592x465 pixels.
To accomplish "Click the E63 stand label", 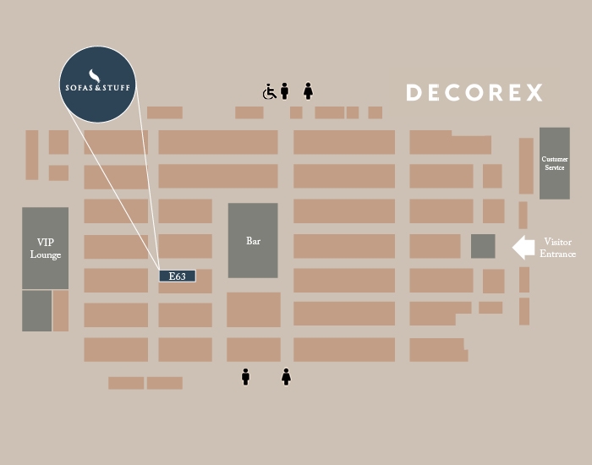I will (178, 276).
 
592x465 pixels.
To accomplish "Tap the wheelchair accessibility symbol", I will (270, 91).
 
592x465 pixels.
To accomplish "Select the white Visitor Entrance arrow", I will (523, 247).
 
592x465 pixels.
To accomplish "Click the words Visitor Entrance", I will (558, 248).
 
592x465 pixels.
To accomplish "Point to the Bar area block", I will (253, 241).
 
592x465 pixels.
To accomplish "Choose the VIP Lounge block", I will (45, 248).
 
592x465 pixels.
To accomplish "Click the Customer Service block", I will (554, 163).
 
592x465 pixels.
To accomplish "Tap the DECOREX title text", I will (474, 93).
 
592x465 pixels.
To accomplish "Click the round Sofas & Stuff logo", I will (99, 84).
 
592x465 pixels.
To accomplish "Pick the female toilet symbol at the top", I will (309, 90).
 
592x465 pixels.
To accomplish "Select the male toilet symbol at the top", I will (285, 90).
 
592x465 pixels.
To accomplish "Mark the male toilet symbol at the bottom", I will (246, 376).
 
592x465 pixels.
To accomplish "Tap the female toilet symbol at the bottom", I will (286, 376).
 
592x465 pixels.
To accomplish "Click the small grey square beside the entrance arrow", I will (483, 246).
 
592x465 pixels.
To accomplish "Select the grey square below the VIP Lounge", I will (36, 310).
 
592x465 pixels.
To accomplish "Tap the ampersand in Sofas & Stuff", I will (99, 87).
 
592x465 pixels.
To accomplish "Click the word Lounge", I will (46, 254).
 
